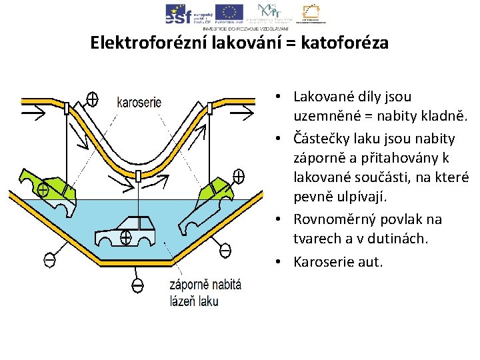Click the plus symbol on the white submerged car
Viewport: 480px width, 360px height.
(x=125, y=236)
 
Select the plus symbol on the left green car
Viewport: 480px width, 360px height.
(x=43, y=190)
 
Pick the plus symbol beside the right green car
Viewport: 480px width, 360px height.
(x=238, y=177)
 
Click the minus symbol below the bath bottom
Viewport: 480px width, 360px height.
(x=137, y=286)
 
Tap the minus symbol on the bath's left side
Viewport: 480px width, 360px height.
(x=48, y=259)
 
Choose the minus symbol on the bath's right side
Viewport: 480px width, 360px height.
(x=225, y=251)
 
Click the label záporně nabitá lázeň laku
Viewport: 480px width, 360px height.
(x=205, y=293)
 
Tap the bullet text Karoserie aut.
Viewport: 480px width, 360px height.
(x=338, y=261)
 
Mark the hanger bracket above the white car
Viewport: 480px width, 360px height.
(x=137, y=176)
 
